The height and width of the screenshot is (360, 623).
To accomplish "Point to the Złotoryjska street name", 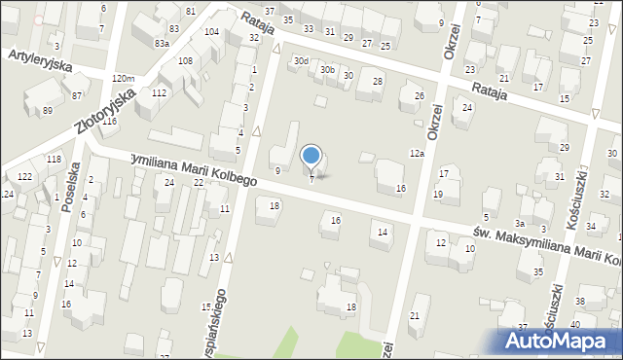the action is pos(102,102).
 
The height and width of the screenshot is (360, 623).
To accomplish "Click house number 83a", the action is pos(162,44).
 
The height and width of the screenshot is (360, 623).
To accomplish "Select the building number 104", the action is pos(211,32).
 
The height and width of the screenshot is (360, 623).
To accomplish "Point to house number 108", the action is pos(184,60).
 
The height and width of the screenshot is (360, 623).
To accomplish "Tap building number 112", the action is pos(159,92).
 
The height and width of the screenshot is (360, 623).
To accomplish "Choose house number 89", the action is pos(48,110).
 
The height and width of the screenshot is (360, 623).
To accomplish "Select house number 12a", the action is pos(417,154).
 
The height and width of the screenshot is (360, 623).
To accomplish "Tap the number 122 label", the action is pos(24,175).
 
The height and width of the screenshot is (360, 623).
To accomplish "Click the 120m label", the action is pos(123,78).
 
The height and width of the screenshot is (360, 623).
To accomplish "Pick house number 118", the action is pos(54,159).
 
